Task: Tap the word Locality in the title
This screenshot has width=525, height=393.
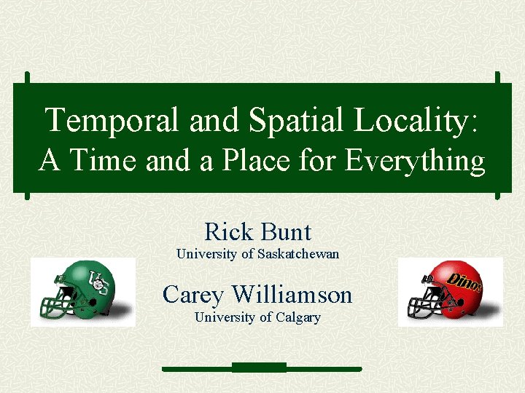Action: (x=409, y=120)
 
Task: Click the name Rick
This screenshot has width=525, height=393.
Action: (x=227, y=232)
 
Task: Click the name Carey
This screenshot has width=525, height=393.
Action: (x=193, y=295)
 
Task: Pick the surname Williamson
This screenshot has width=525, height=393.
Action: (x=292, y=295)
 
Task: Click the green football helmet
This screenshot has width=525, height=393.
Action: (x=84, y=290)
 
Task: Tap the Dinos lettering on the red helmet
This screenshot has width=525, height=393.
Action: (x=464, y=282)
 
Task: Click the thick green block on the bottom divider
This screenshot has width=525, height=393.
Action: (x=259, y=367)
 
